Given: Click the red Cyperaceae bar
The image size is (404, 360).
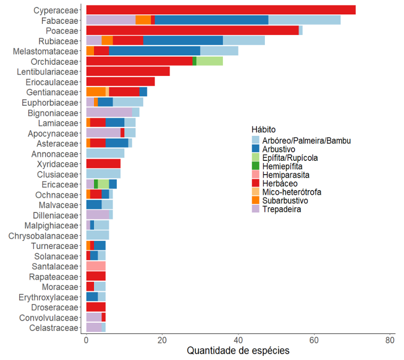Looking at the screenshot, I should pos(220,10).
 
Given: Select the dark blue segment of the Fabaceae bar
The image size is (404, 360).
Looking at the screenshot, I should pos(211,20).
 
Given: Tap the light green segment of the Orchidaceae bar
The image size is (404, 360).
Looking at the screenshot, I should pos(209,61).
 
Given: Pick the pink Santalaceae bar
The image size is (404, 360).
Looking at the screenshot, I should pos(96,266).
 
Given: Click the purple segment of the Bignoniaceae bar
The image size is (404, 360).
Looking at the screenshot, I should pos(109,113).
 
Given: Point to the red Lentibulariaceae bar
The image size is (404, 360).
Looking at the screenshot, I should pos(127,72).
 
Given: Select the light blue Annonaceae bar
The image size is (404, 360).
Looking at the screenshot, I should pos(105,153).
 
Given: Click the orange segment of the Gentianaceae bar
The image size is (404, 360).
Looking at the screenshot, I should pos(96,92).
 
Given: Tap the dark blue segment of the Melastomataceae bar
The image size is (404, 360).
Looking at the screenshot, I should pos(154,51).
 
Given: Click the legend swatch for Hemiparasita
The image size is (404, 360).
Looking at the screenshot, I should pos(256,175).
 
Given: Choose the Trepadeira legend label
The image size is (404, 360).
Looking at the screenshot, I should pos(281,209).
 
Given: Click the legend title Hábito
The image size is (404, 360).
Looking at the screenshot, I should pos(263,130).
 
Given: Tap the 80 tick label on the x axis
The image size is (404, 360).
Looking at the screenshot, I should pos(390,340).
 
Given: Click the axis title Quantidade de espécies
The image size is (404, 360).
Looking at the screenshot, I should pos(238,351).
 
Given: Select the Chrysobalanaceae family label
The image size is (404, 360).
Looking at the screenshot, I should pos(43,235).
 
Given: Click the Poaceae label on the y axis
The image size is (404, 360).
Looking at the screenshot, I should pos(62,31).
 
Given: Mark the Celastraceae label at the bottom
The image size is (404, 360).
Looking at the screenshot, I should pos(54,328).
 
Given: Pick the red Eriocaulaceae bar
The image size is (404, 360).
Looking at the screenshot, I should pos(120,82).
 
